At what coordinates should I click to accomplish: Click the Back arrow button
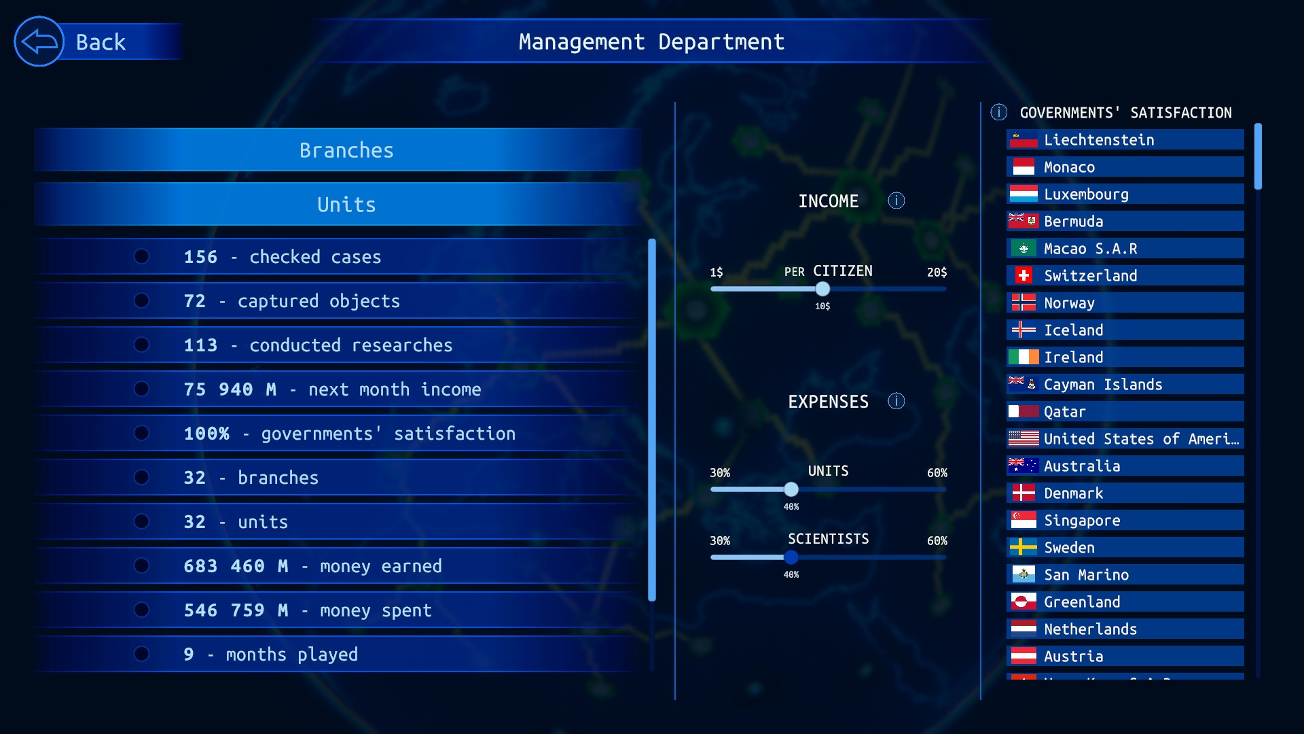pos(39,42)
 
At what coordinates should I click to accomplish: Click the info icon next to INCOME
pos(896,200)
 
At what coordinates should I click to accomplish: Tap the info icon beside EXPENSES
pos(896,401)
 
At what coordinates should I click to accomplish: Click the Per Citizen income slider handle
pos(822,289)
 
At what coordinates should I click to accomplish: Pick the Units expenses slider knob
pos(791,489)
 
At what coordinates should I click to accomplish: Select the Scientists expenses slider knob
pos(791,557)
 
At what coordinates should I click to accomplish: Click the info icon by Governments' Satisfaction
pos(998,112)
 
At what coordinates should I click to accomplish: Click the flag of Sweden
pos(1023,547)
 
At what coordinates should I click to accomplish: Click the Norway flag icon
pos(1023,302)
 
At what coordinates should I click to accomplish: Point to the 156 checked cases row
pos(340,257)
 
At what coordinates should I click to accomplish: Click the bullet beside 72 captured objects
pos(141,300)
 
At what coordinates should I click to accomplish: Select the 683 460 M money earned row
pos(340,566)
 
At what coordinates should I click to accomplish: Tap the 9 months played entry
pos(340,654)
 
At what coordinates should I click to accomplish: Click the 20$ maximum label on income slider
pos(937,272)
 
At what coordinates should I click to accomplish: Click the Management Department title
pos(651,42)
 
